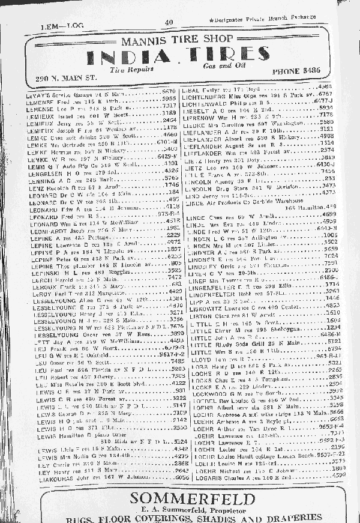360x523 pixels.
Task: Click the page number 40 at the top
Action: pyautogui.click(x=169, y=23)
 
